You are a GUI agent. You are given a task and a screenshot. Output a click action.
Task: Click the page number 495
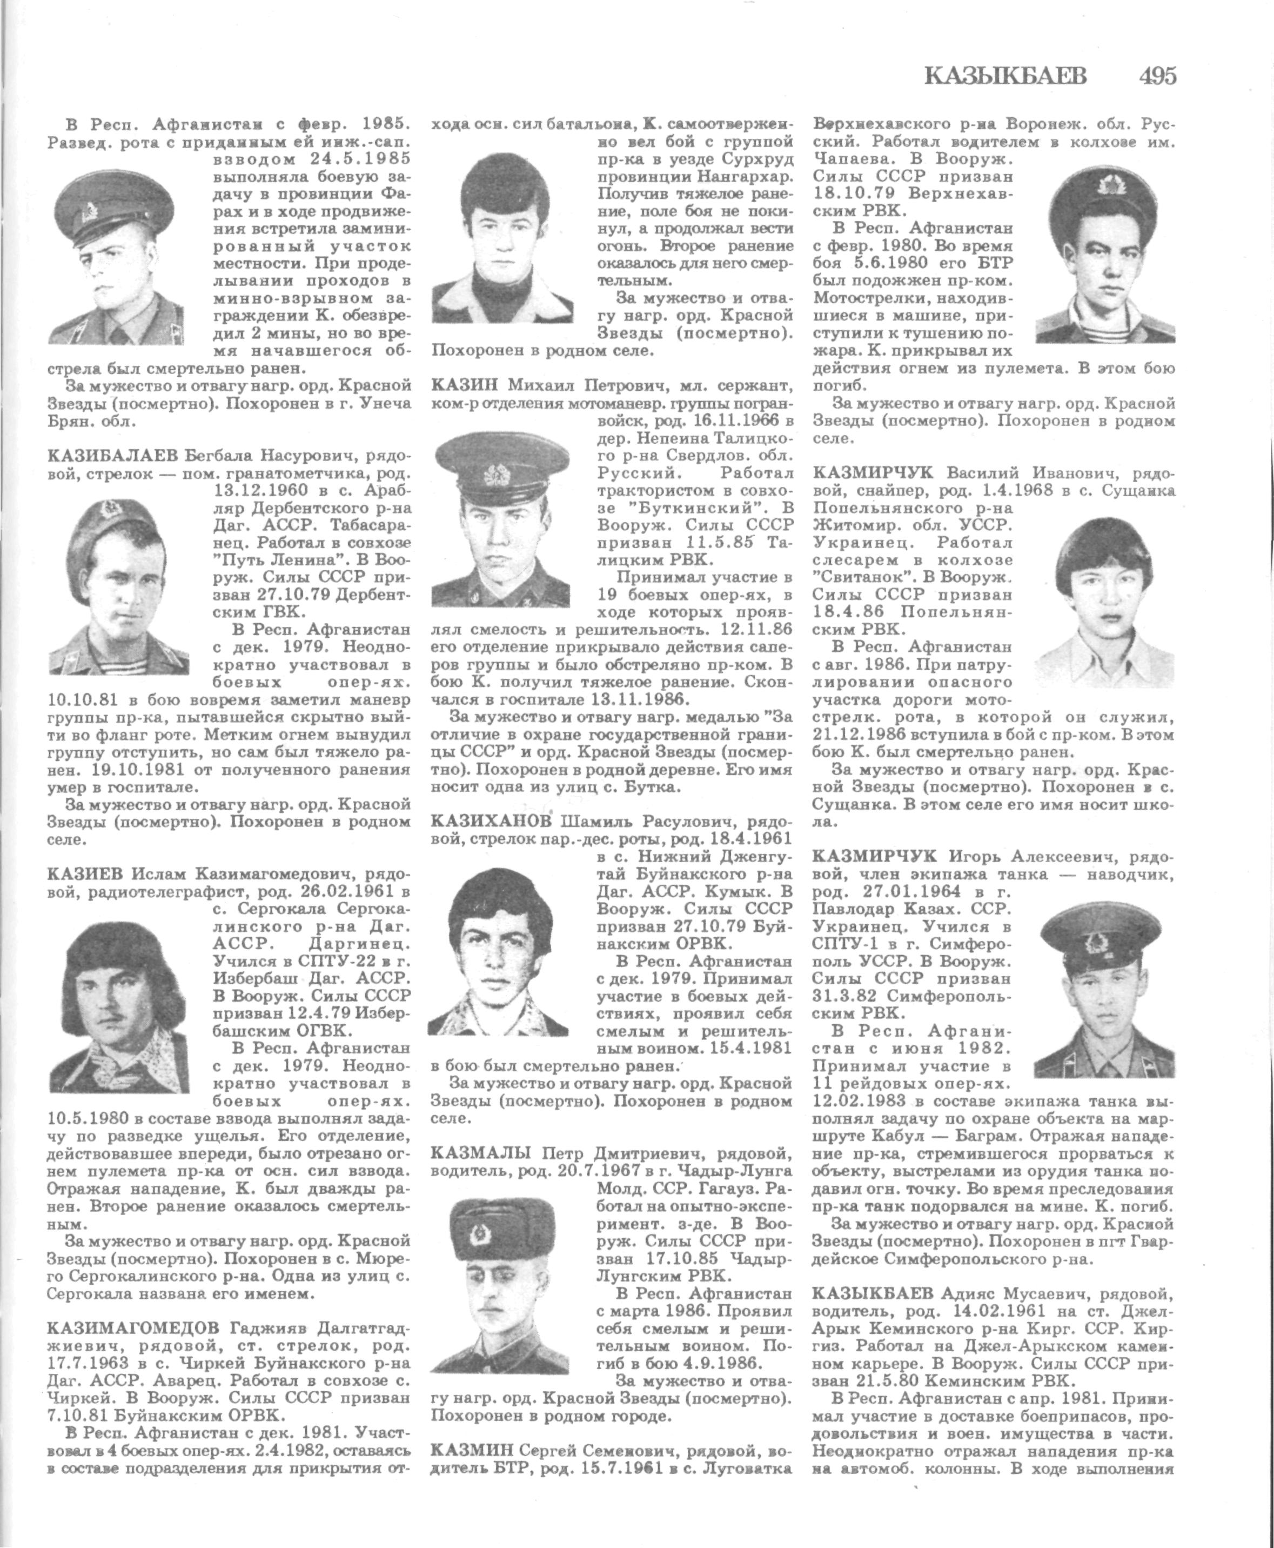(1157, 76)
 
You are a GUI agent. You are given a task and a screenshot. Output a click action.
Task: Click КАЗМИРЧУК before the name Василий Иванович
(873, 471)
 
